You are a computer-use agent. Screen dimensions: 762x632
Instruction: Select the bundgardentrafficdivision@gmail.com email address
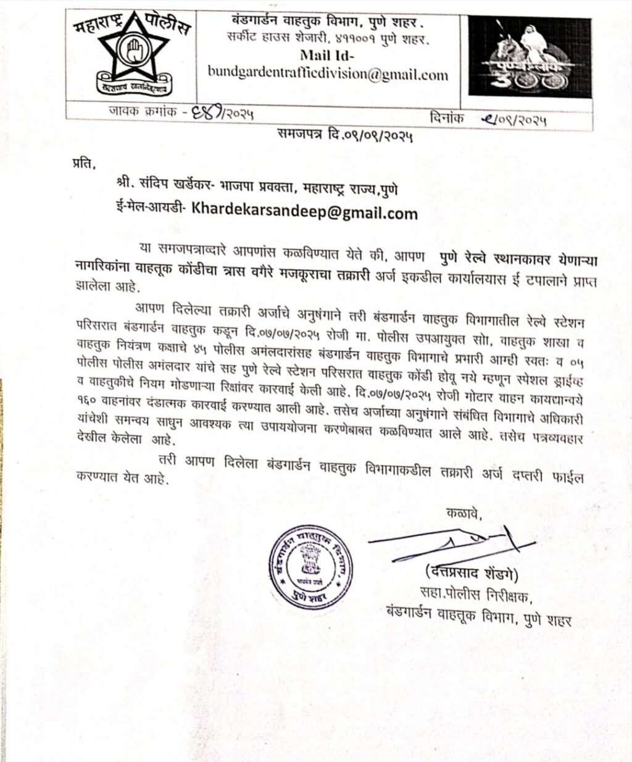[328, 75]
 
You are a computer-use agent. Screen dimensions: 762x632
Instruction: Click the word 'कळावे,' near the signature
[462, 514]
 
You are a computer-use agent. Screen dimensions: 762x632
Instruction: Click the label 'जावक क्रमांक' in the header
[133, 114]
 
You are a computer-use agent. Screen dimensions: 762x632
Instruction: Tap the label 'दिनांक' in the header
[445, 117]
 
